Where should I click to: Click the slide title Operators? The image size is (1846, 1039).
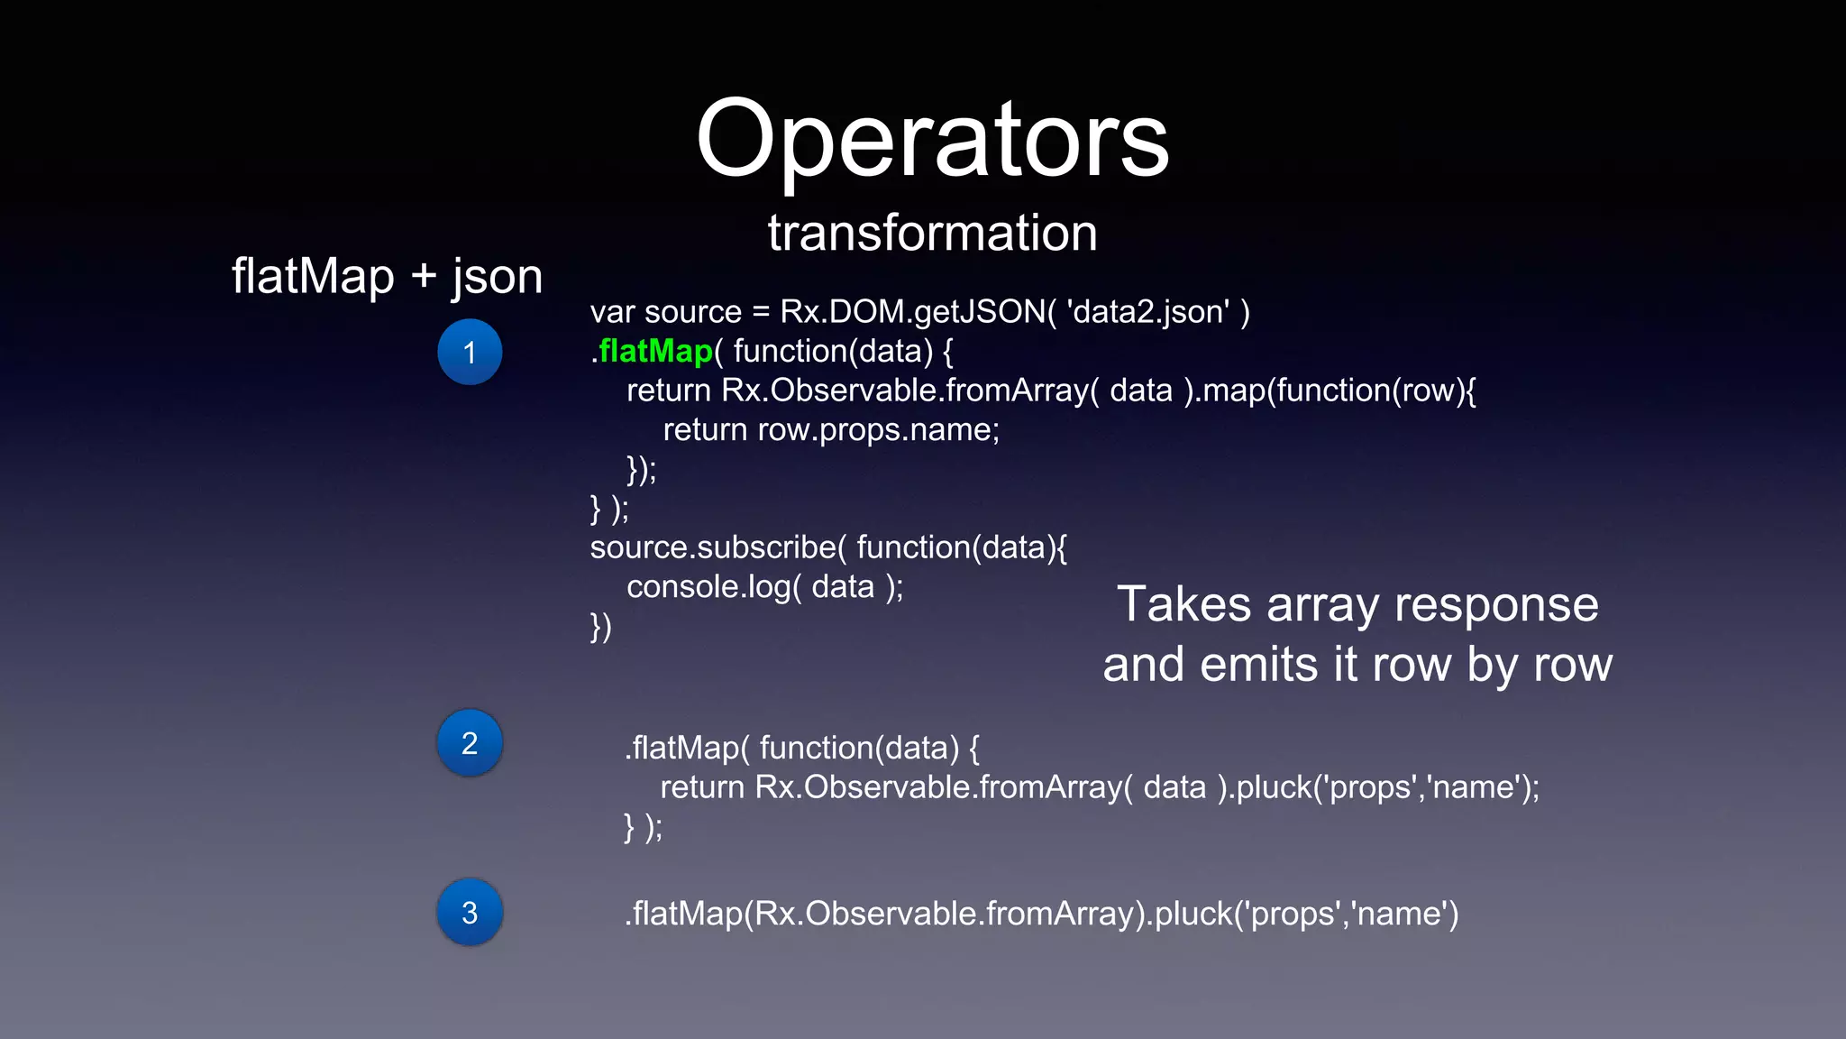pyautogui.click(x=932, y=140)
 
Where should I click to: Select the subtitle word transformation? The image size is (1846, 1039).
pyautogui.click(x=932, y=233)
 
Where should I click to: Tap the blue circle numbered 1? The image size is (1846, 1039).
pyautogui.click(x=470, y=352)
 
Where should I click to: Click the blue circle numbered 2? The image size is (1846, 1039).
pyautogui.click(x=470, y=743)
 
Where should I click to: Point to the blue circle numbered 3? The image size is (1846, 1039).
pyautogui.click(x=470, y=912)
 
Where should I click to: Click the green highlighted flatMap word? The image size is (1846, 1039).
pyautogui.click(x=655, y=351)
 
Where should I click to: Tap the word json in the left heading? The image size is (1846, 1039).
pyautogui.click(x=497, y=277)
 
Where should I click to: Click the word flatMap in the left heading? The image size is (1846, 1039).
pyautogui.click(x=313, y=277)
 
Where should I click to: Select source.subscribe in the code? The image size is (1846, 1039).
pyautogui.click(x=713, y=547)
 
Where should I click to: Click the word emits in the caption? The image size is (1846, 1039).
pyautogui.click(x=1258, y=666)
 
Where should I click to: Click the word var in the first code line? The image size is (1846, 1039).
pyautogui.click(x=612, y=313)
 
